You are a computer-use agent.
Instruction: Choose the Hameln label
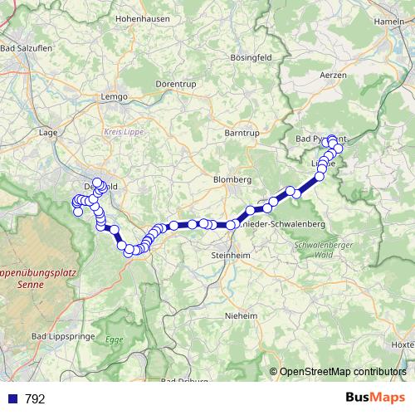[x=388, y=20]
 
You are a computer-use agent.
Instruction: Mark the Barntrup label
[x=242, y=132]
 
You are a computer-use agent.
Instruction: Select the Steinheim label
[x=230, y=254]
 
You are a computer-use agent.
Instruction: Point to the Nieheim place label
[x=242, y=315]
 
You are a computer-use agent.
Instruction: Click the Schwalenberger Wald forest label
[x=317, y=251]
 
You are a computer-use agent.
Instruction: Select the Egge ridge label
[x=114, y=339]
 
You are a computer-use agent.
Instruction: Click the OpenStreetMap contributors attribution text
[x=343, y=372]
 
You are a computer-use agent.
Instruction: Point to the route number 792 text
[x=36, y=399]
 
